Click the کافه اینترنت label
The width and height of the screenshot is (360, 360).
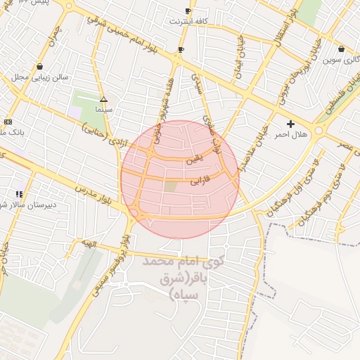(x=188, y=22)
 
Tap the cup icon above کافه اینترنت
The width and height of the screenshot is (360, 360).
(x=188, y=11)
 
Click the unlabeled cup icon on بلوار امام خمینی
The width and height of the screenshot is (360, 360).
(x=181, y=49)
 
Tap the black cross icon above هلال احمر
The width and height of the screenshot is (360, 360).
(x=291, y=124)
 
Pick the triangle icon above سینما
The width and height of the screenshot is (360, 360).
(x=104, y=100)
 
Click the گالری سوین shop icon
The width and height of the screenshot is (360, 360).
(x=341, y=49)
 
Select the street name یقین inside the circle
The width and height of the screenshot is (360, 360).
(x=193, y=160)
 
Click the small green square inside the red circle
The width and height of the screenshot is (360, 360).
(x=171, y=186)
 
